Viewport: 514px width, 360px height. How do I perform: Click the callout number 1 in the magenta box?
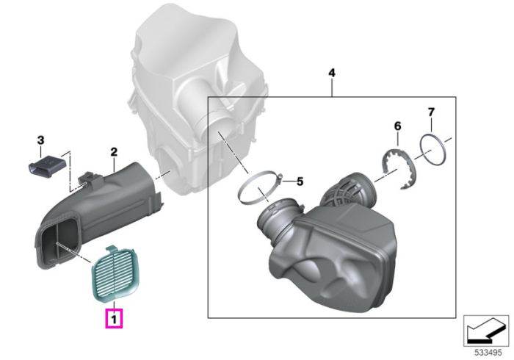114,319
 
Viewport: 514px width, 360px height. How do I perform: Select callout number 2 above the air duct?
114,152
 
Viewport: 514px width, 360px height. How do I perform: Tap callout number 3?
40,140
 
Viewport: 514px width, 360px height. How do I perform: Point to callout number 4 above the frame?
332,73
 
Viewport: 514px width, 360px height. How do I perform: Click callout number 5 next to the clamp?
300,181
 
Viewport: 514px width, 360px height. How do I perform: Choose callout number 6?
397,126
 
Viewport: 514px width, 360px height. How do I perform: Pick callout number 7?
431,112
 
